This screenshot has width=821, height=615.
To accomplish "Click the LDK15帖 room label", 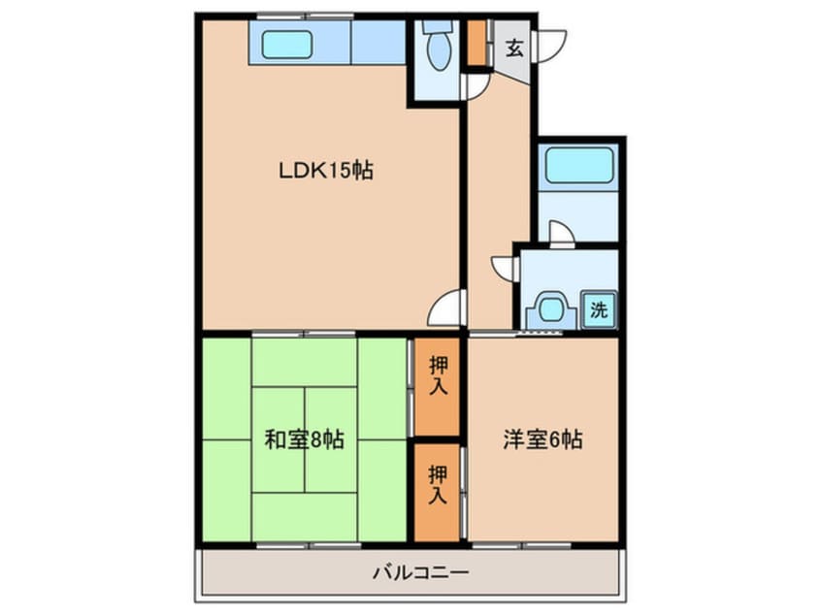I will [325, 171].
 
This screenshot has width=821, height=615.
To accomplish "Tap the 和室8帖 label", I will [304, 439].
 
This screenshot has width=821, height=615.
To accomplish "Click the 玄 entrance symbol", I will [514, 49].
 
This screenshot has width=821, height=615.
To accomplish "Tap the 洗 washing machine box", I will [599, 310].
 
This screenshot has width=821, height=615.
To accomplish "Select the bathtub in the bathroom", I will [578, 166].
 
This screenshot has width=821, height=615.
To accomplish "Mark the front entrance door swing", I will [549, 45].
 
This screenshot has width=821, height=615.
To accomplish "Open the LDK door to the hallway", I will [446, 308].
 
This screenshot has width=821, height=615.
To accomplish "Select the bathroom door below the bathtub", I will [561, 232].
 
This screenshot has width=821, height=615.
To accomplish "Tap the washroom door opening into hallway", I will [505, 267].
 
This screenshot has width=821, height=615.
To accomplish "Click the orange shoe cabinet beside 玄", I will [476, 44].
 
